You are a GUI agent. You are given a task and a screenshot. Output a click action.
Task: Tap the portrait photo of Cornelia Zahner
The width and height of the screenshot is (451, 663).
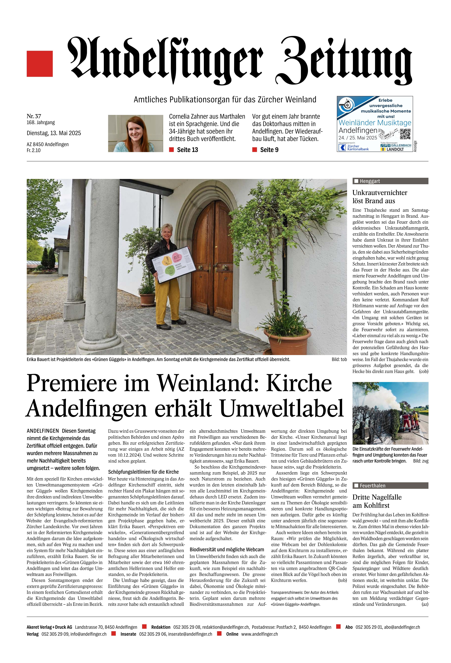coord(135,133)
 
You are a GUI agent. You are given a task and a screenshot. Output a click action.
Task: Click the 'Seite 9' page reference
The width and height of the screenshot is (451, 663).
coord(269,150)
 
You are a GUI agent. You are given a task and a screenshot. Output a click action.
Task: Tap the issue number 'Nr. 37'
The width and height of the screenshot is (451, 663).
coord(34,116)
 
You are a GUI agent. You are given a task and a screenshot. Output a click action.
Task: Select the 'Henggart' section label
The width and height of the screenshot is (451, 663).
coord(370,181)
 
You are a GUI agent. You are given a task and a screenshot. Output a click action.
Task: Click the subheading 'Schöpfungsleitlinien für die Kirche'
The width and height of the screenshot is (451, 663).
coord(143,472)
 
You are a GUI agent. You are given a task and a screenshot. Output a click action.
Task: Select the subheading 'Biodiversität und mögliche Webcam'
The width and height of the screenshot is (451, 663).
coord(227,550)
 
